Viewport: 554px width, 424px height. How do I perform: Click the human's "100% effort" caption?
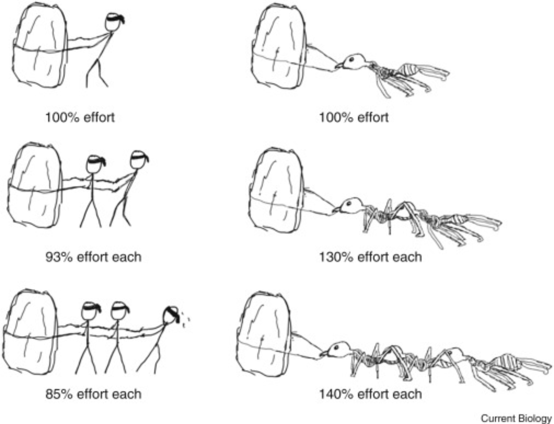[x=80, y=118]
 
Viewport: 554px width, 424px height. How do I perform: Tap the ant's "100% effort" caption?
[x=354, y=118]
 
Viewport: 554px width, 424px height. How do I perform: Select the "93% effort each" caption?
[x=93, y=257]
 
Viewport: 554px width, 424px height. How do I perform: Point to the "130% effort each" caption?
[x=370, y=257]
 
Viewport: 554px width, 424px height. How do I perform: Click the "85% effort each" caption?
[x=93, y=394]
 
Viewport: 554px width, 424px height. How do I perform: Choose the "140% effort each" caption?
[x=370, y=394]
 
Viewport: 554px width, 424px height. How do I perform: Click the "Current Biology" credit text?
[x=516, y=418]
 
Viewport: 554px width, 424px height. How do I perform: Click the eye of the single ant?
[x=351, y=59]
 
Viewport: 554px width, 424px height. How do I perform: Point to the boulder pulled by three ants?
[x=265, y=334]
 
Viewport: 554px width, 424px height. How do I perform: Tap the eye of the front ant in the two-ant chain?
[x=348, y=203]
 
